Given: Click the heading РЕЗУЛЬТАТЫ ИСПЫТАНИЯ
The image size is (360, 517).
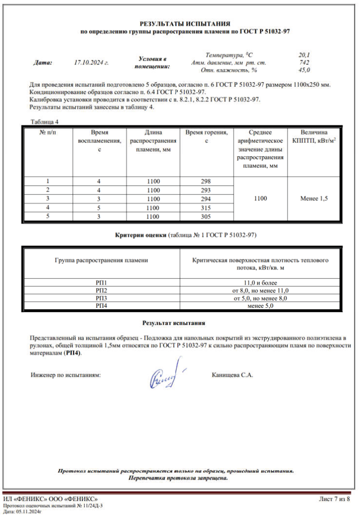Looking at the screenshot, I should point(185,23).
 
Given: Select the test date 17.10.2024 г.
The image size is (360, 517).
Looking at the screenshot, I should point(91,62).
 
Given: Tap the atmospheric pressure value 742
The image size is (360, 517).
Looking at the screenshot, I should point(305,62).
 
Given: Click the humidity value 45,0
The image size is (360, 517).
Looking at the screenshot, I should point(305,70).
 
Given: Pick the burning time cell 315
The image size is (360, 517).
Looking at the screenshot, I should point(207,208).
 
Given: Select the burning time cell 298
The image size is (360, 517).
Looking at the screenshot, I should point(207,181).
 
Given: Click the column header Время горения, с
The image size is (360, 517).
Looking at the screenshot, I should point(207,136).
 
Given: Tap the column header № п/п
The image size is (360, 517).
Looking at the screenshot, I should point(47,132).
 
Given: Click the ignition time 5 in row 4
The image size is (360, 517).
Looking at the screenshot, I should point(99,208).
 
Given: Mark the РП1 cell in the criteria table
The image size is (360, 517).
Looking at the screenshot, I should point(101,282).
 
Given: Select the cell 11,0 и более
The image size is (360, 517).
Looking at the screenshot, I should point(260,282).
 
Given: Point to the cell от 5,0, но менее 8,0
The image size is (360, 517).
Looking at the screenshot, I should point(260,298).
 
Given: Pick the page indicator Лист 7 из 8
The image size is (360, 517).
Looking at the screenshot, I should point(334,499).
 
